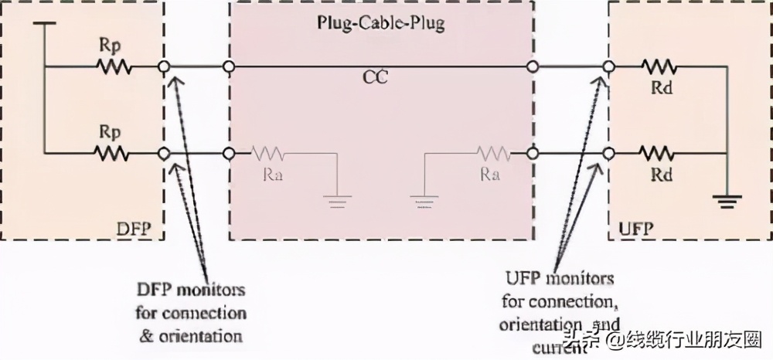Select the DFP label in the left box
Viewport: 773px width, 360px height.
coord(135,229)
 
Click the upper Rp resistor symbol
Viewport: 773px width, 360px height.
coord(114,67)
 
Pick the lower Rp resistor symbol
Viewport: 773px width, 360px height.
coord(114,153)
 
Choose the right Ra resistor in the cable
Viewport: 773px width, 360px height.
coord(492,153)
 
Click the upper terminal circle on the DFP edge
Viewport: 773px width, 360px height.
coord(164,67)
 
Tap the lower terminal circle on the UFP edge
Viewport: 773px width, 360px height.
coord(609,153)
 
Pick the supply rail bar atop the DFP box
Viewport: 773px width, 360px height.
coord(46,24)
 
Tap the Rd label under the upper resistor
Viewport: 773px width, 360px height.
coord(662,88)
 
